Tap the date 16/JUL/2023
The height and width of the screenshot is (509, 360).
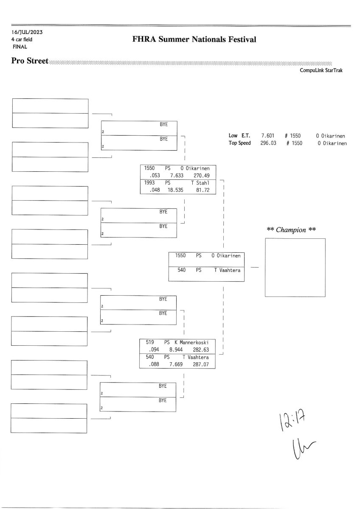click(27, 32)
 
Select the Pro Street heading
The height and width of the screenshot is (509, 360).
click(30, 61)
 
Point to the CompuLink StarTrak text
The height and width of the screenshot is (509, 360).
click(321, 70)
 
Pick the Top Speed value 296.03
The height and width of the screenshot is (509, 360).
click(268, 143)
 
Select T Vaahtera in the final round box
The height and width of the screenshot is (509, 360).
click(228, 270)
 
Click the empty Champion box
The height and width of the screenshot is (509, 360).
click(295, 267)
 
